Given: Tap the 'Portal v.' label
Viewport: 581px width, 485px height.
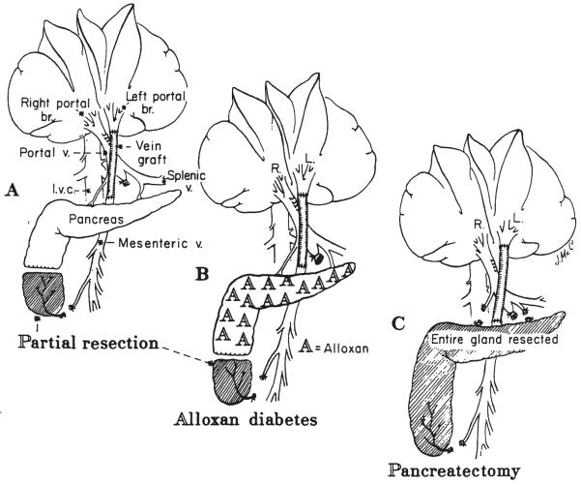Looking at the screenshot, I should [x=41, y=152].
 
